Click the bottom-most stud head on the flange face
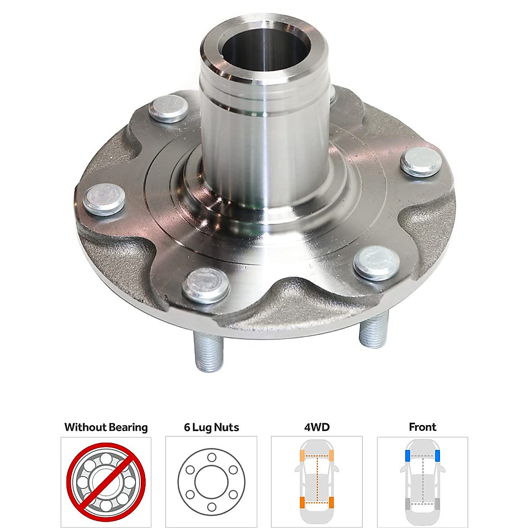206,284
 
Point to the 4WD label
317,427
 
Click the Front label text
422,427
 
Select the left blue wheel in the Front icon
407,456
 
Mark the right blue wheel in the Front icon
438,456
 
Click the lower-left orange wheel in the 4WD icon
302,502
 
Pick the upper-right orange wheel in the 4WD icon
332,456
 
